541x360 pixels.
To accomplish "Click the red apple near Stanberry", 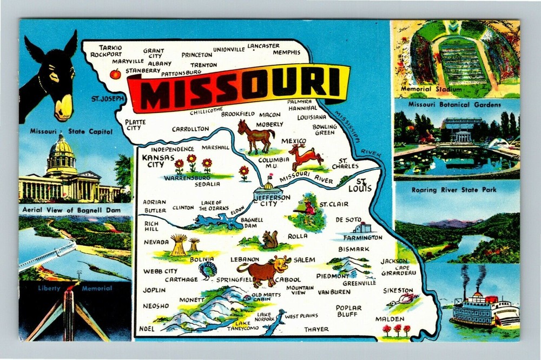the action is pos(115,74).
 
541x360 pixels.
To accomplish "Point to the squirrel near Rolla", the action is pos(269,239).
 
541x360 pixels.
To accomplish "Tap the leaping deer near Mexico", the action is pos(306,157).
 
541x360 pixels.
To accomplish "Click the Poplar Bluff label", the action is pos(348,311).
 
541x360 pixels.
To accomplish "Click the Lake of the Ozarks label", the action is pos(215,205).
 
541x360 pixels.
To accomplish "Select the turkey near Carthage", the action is pos(208,270).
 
